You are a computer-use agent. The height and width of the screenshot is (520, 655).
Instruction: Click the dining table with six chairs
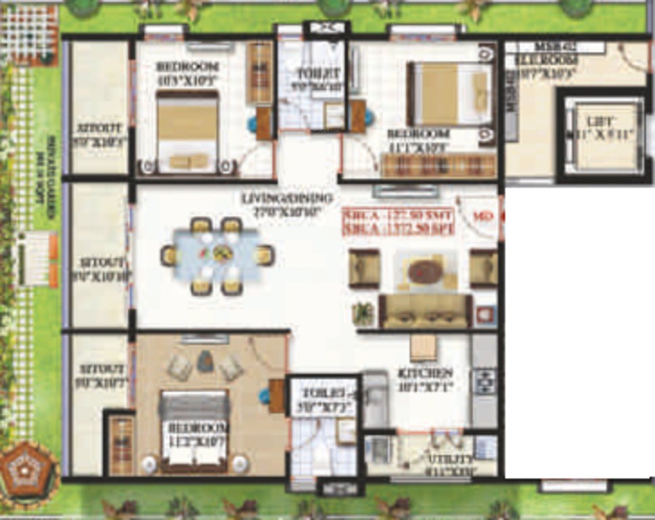tap(217, 255)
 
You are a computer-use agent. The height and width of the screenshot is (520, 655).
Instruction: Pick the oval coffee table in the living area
tap(425, 272)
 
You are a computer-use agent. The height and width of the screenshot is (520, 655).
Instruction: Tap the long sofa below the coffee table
tap(425, 309)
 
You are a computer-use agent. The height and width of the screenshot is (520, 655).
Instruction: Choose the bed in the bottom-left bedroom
tap(194, 431)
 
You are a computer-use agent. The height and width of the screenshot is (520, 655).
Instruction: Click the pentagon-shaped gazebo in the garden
tap(24, 467)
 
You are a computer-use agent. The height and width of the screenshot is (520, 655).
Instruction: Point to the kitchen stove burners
tap(484, 381)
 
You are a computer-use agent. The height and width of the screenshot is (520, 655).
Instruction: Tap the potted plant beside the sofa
tap(363, 313)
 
